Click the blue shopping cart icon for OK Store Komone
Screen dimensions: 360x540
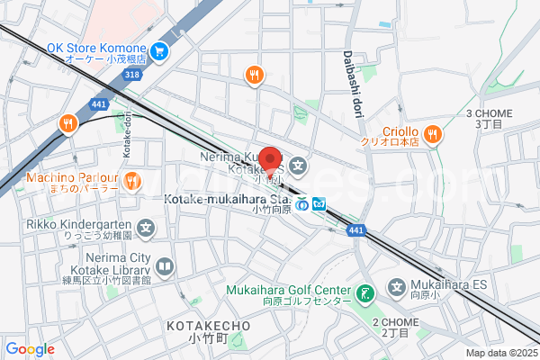pos(159,50)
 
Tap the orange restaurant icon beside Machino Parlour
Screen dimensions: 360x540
pos(131,180)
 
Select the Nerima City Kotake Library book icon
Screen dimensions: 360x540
pos(164,266)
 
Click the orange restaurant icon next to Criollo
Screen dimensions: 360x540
pos(433,135)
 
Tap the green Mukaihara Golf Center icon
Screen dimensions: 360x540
pos(364,292)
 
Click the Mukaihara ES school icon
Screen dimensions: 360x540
pos(397,288)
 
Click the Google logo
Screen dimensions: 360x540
pos(30,349)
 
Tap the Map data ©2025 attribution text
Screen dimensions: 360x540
pos(500,353)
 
